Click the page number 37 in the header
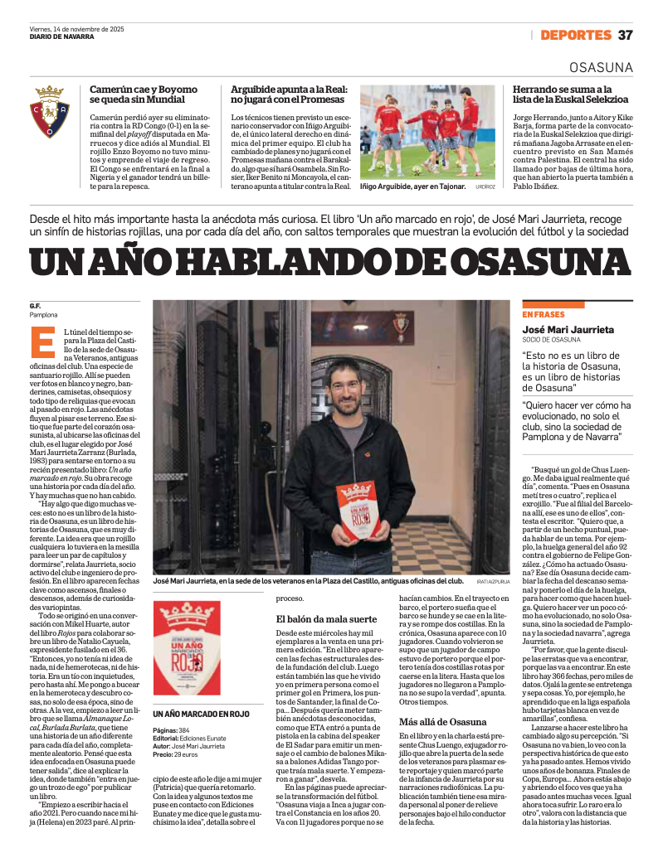pos(625,35)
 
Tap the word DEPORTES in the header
pos(575,35)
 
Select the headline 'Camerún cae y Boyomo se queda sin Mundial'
pos(144,94)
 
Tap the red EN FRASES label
pos(543,315)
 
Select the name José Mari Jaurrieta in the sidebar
pos(568,329)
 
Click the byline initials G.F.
pos(35,306)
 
